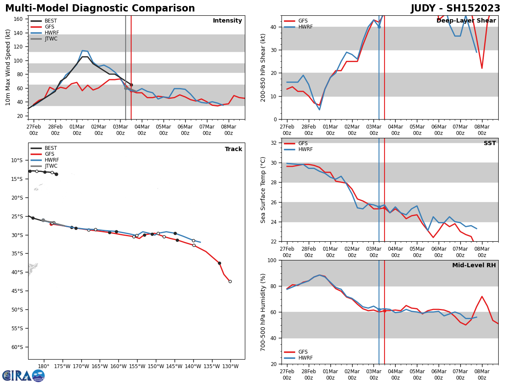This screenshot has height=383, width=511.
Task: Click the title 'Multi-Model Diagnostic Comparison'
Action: [100, 9]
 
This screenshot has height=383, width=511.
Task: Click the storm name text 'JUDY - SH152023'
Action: [455, 9]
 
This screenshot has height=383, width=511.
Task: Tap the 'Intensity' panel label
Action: [227, 21]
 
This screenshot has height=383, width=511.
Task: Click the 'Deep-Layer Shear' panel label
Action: [466, 21]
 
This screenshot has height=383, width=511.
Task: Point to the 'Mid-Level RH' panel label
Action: [474, 266]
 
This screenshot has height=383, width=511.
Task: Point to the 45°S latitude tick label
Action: [17, 291]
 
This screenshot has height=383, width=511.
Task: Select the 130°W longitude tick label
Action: [230, 366]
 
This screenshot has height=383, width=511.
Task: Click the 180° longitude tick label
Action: [43, 366]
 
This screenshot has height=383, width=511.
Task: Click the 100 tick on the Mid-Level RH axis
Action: [272, 260]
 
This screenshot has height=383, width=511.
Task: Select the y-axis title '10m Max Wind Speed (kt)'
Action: [8, 67]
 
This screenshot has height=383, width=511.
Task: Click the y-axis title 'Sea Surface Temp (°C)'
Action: [263, 190]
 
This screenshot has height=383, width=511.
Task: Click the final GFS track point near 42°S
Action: [230, 281]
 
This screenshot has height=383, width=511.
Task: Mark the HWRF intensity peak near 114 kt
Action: [82, 51]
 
